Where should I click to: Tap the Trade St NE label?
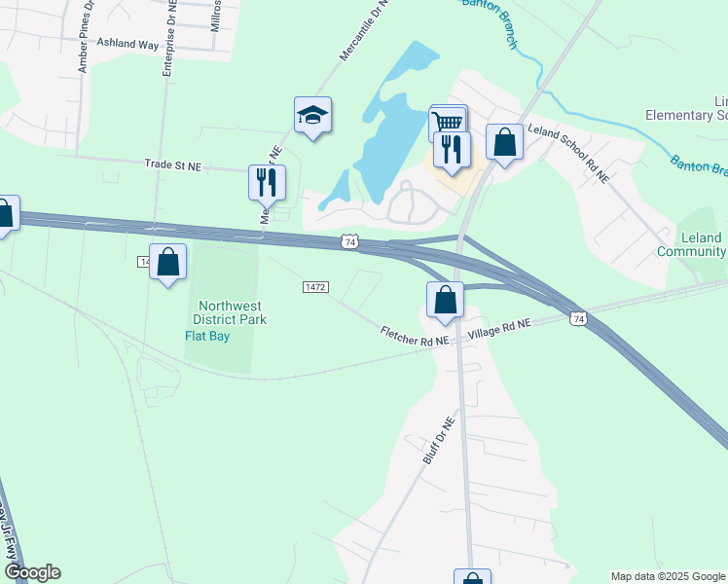pyautogui.click(x=172, y=166)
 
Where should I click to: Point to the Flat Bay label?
pyautogui.click(x=208, y=336)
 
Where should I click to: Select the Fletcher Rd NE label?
pyautogui.click(x=415, y=337)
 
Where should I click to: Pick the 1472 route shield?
pyautogui.click(x=315, y=287)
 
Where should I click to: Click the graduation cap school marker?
pyautogui.click(x=312, y=116)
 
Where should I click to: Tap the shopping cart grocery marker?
pyautogui.click(x=448, y=123)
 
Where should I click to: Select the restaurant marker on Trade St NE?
pyautogui.click(x=265, y=180)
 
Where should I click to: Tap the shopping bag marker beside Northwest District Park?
pyautogui.click(x=167, y=261)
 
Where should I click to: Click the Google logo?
pyautogui.click(x=31, y=572)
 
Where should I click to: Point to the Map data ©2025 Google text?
pyautogui.click(x=668, y=576)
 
